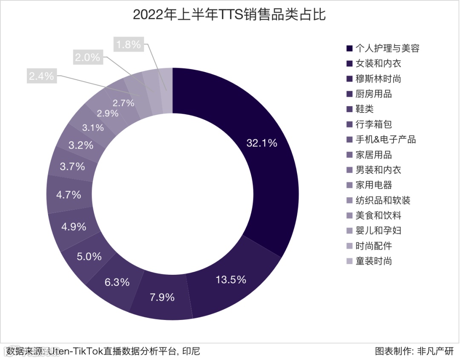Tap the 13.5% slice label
point(230,279)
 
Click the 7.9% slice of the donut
point(162,297)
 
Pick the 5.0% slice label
point(89,256)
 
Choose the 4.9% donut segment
point(74,227)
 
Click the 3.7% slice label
point(72,167)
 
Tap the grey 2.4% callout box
point(41,76)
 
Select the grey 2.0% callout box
point(87,57)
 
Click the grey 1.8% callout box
point(129,44)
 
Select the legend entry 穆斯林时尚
point(378,79)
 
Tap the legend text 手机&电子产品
point(385,139)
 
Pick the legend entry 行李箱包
point(374,124)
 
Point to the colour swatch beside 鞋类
point(349,109)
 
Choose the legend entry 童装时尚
point(374,261)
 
